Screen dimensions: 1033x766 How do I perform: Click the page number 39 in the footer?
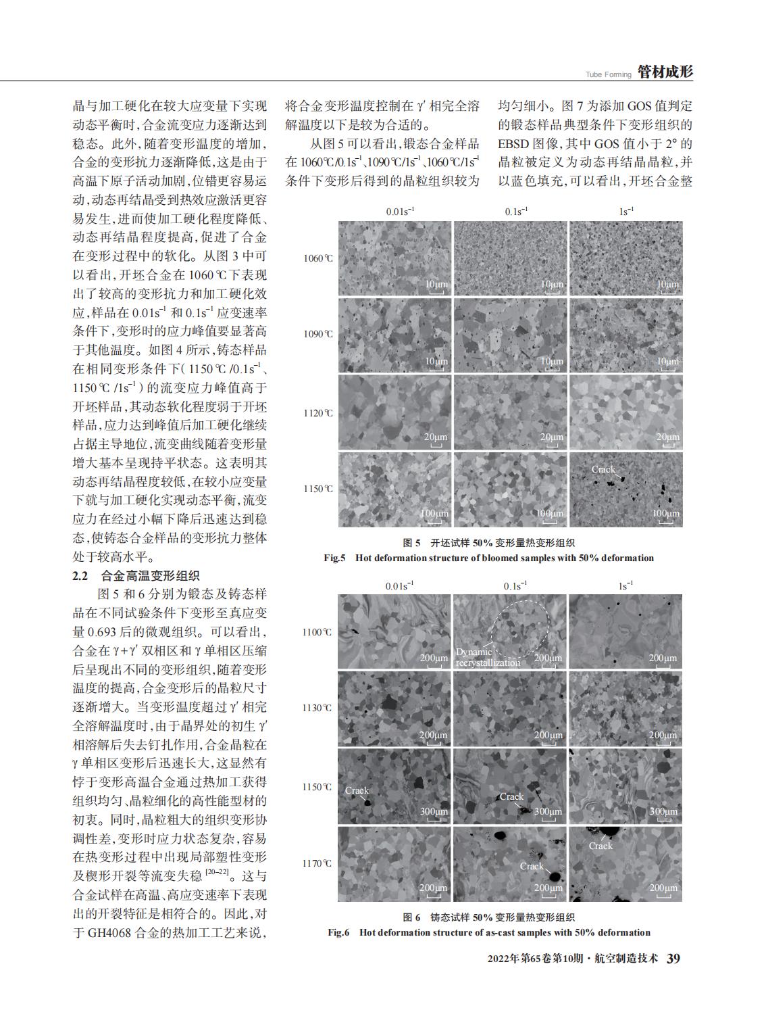[673, 959]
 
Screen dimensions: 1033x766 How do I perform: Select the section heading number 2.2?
[80, 576]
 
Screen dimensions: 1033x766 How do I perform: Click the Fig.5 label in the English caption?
[335, 558]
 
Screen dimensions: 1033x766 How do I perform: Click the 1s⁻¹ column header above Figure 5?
[626, 212]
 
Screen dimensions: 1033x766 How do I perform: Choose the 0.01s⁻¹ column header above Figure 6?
[399, 585]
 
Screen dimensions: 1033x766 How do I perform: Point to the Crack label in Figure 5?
[603, 469]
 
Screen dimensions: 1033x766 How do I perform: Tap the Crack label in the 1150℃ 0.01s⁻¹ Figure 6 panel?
[357, 790]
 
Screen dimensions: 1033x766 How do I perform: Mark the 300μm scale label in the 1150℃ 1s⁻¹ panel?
[663, 811]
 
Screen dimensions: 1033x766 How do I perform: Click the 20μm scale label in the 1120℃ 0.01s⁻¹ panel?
[435, 437]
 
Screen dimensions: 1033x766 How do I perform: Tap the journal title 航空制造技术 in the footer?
[628, 960]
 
